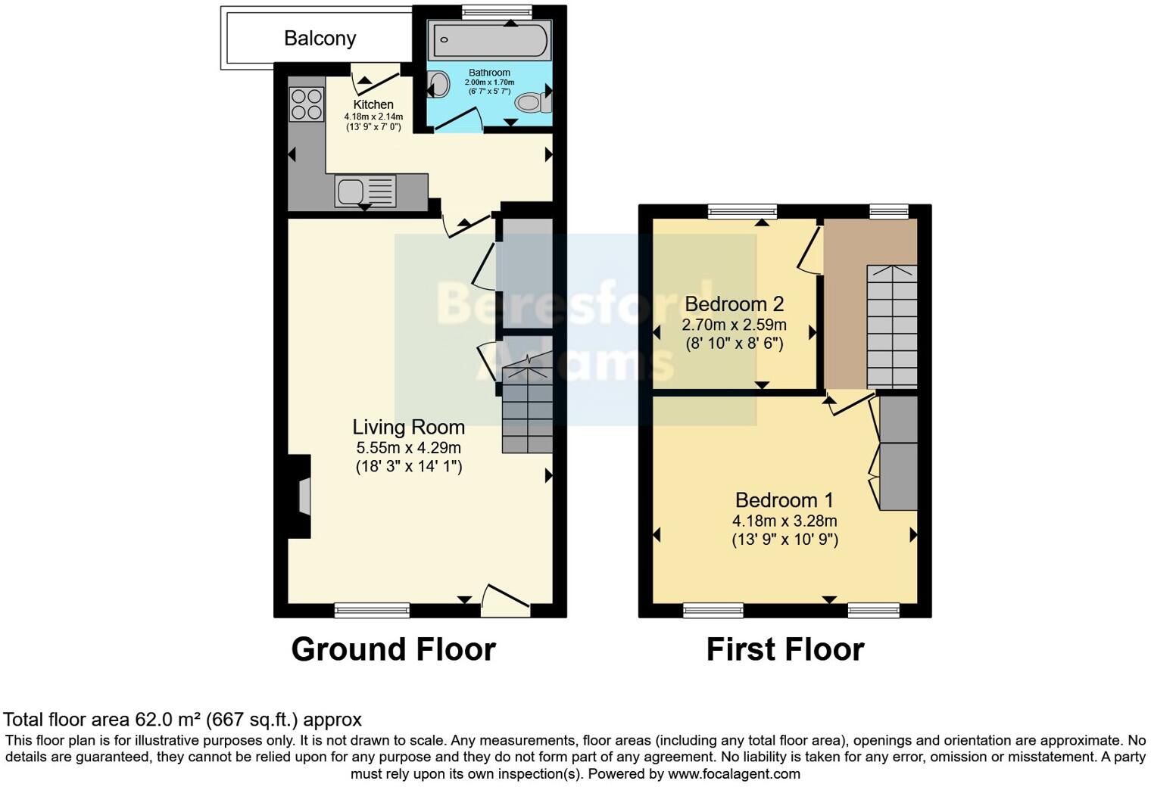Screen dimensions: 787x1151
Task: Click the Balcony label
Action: [320, 39]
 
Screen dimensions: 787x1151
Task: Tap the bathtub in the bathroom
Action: [489, 40]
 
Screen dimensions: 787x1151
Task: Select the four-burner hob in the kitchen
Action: [306, 104]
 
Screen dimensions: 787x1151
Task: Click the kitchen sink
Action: [366, 191]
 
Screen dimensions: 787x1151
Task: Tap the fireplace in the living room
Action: [301, 496]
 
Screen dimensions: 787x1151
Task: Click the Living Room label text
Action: [408, 428]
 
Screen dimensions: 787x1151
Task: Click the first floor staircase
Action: [891, 326]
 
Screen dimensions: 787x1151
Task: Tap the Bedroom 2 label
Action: [734, 304]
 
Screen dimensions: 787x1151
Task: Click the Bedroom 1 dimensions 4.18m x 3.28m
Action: [784, 521]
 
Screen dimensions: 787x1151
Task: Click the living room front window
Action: [372, 610]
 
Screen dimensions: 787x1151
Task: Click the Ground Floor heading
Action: [393, 649]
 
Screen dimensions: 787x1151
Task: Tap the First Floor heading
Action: [784, 649]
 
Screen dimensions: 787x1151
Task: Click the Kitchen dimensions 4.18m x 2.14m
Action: [373, 117]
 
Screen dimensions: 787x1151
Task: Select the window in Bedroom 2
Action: [742, 211]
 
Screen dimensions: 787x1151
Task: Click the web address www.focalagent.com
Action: [734, 774]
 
